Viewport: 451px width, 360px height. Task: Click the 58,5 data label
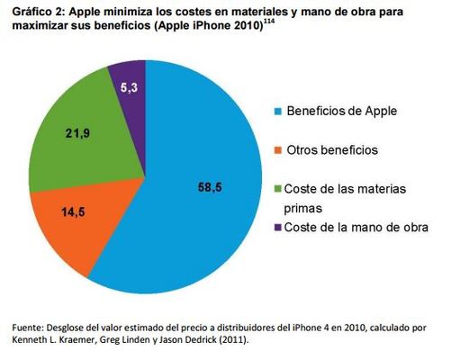(x=207, y=187)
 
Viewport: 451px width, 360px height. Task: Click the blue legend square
(x=276, y=112)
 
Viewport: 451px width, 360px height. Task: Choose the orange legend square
(x=276, y=148)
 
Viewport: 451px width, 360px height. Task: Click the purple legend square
(x=276, y=227)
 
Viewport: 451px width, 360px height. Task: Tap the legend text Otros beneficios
(x=330, y=148)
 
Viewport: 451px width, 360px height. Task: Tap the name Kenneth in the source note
(x=32, y=339)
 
